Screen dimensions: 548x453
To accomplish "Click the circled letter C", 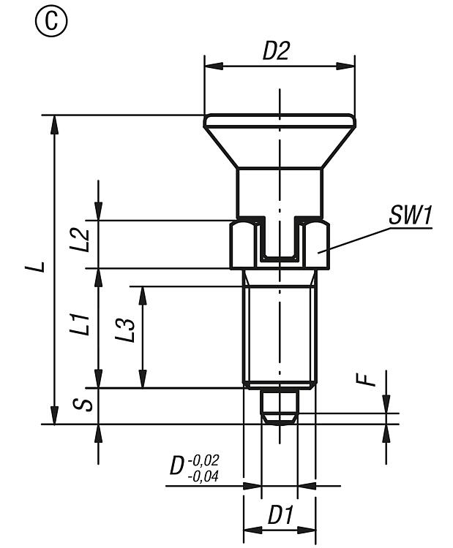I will pyautogui.click(x=50, y=23).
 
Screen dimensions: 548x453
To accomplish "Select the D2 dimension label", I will pyautogui.click(x=277, y=51).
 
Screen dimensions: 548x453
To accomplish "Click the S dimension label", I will pyautogui.click(x=86, y=403).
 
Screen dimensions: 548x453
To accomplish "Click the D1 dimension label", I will pyautogui.click(x=279, y=516).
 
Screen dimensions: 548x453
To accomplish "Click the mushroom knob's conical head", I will pyautogui.click(x=279, y=146).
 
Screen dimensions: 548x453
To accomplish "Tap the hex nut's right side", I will pyautogui.click(x=317, y=246).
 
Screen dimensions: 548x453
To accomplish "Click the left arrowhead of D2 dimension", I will pyautogui.click(x=210, y=66).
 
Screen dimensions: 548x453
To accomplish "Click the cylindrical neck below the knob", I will pyautogui.click(x=279, y=191).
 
